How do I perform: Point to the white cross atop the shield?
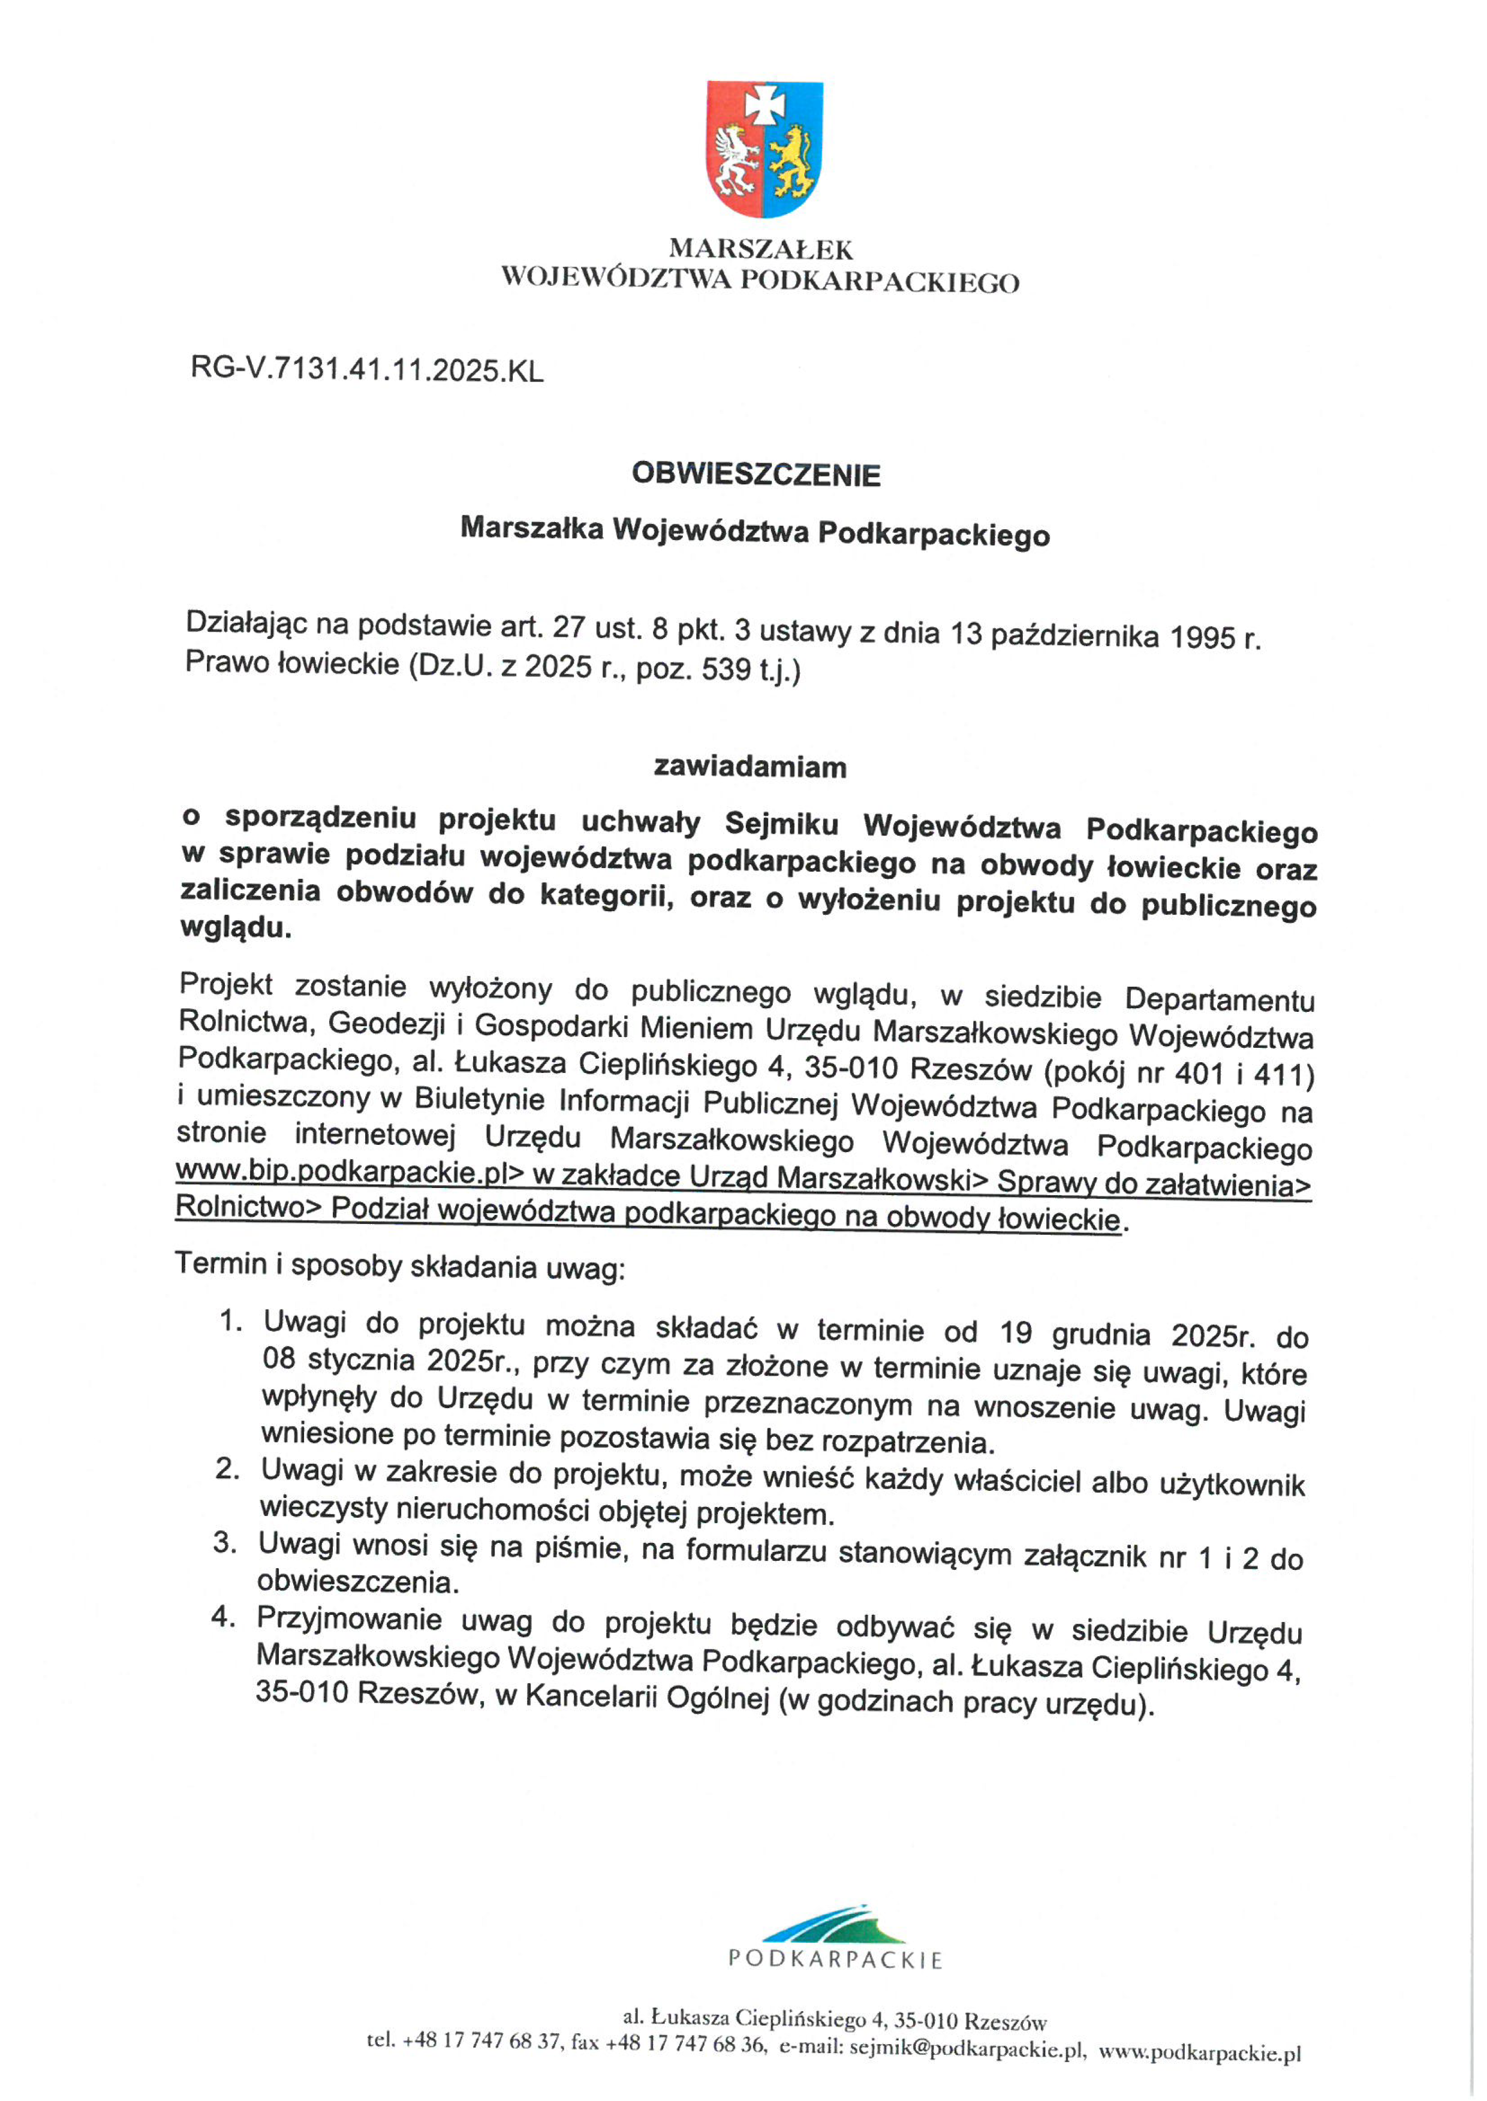(764, 103)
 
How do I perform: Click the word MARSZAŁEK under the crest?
(761, 249)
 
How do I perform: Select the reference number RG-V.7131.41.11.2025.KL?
(366, 370)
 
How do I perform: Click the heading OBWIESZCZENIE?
(756, 474)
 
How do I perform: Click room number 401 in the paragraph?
(1197, 1073)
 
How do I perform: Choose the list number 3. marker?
(225, 1542)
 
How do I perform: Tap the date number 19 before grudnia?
(1016, 1331)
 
